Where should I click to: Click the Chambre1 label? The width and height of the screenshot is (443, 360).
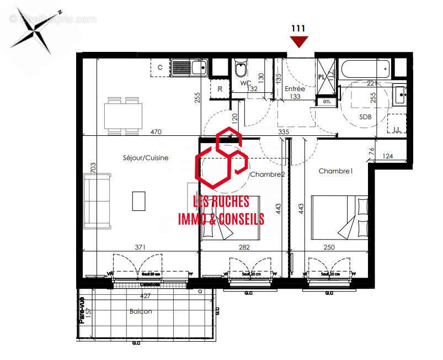(x=335, y=171)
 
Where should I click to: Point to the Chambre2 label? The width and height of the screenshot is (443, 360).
(x=268, y=174)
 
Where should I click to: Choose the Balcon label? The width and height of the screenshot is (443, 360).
(x=141, y=311)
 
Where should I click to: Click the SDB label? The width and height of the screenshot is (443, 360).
(x=365, y=117)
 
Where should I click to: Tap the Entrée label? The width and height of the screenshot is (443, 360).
(x=295, y=89)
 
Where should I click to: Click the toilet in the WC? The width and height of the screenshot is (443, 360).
(x=241, y=70)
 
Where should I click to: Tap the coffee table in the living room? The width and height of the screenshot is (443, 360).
(x=139, y=200)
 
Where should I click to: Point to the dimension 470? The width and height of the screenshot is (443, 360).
(x=157, y=132)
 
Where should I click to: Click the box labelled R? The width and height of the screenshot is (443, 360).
(x=220, y=88)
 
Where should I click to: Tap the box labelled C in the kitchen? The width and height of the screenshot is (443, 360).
(x=160, y=67)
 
